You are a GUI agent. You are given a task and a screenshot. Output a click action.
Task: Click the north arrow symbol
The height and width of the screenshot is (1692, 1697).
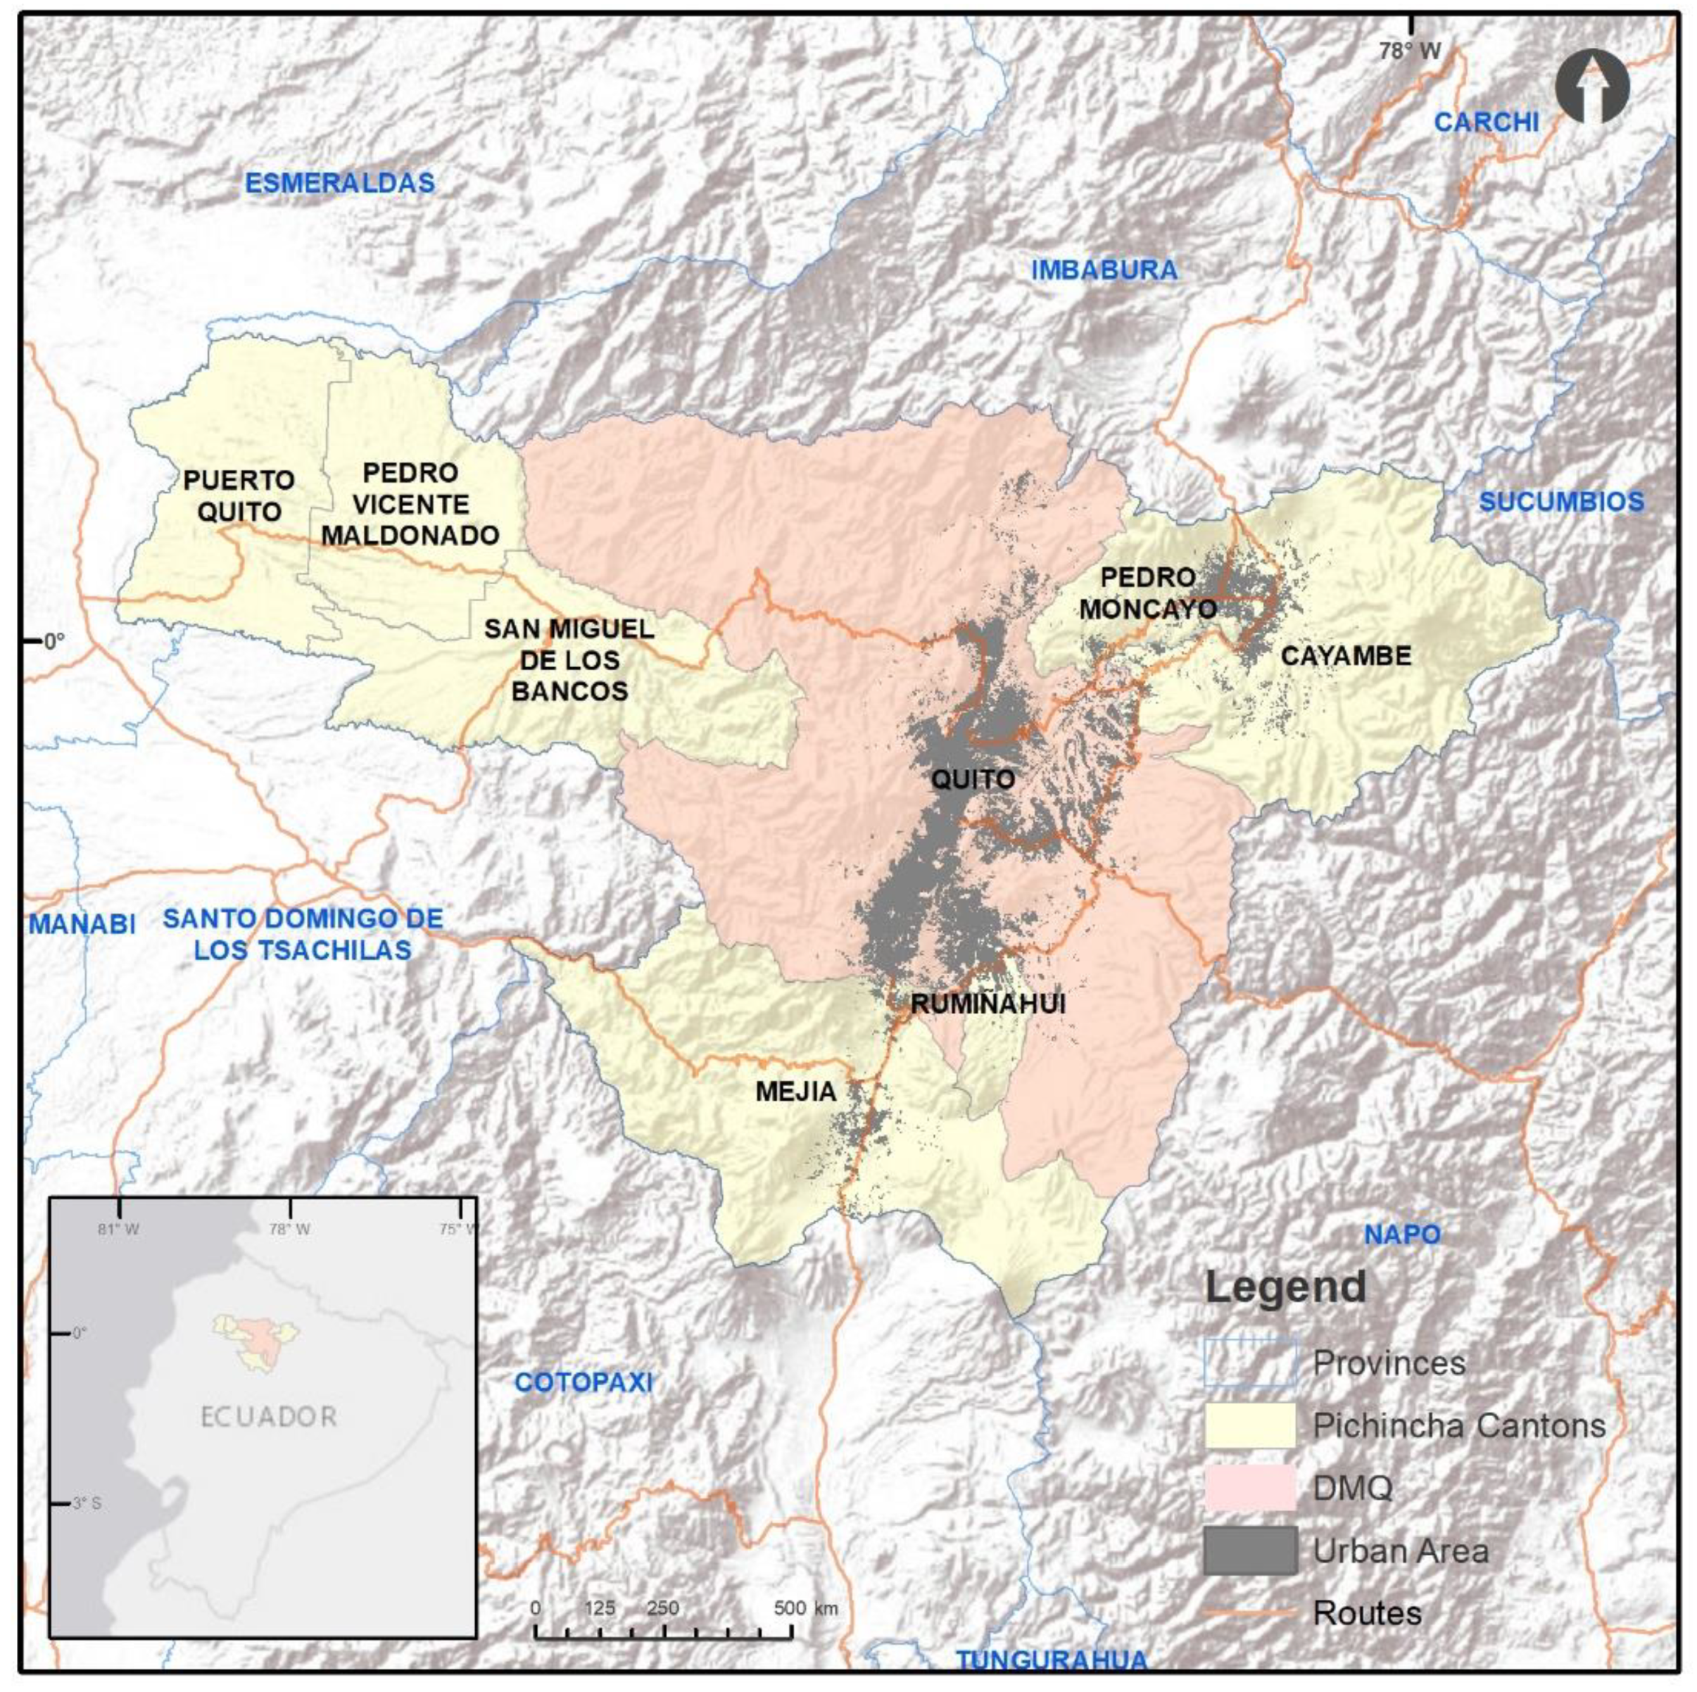pos(1591,86)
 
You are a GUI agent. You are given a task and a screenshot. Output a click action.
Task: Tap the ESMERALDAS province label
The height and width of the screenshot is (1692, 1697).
pos(339,183)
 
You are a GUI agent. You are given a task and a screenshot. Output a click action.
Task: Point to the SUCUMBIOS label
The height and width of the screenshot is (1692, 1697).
pos(1561,502)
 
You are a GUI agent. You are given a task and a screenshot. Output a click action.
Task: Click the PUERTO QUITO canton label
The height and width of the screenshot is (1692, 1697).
pos(238,495)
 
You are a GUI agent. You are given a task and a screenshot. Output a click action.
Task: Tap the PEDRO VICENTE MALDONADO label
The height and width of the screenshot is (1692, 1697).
pos(410,504)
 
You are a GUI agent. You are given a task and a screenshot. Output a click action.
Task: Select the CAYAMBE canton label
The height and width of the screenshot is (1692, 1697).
pos(1346,655)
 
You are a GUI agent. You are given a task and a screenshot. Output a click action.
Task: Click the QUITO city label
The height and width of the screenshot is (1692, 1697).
pos(972,778)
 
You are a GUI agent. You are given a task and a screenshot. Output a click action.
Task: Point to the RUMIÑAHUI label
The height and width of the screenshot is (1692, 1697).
pos(988,1004)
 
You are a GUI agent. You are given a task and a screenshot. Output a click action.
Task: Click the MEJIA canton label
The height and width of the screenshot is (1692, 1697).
pos(796,1091)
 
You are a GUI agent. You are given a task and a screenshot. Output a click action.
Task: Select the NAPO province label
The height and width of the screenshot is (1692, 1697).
pos(1402,1235)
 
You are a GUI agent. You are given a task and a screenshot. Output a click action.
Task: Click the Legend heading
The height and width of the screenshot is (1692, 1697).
pos(1285,1288)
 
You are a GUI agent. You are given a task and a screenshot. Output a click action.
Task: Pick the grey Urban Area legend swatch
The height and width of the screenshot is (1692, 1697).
pos(1249,1550)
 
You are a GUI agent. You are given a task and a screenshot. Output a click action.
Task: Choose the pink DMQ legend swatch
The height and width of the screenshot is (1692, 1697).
pos(1249,1487)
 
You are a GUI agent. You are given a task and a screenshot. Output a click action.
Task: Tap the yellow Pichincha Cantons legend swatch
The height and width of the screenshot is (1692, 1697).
pos(1249,1425)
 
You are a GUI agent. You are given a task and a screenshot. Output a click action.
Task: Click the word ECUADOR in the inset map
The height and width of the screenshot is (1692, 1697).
pos(269,1416)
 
